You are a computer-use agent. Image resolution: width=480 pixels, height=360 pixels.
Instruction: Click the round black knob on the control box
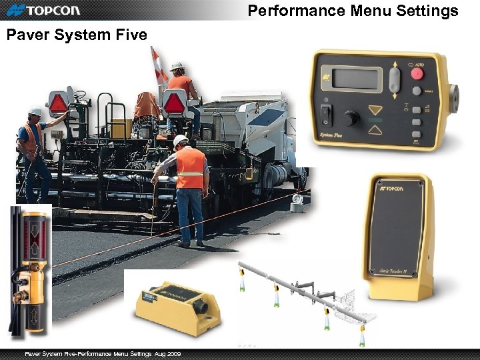pyautogui.click(x=349, y=119)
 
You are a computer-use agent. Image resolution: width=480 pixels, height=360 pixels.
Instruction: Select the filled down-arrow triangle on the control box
pyautogui.click(x=377, y=110)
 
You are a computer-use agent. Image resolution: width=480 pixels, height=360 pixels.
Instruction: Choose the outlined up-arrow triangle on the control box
pyautogui.click(x=377, y=130)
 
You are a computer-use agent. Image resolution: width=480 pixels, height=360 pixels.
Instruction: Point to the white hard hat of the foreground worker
pyautogui.click(x=180, y=141)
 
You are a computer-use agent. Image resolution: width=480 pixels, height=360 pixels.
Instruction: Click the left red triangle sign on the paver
pyautogui.click(x=58, y=103)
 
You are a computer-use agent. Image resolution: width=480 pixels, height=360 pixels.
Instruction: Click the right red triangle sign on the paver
pyautogui.click(x=175, y=103)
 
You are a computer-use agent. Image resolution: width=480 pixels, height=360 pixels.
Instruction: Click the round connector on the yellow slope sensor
pyautogui.click(x=200, y=309)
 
